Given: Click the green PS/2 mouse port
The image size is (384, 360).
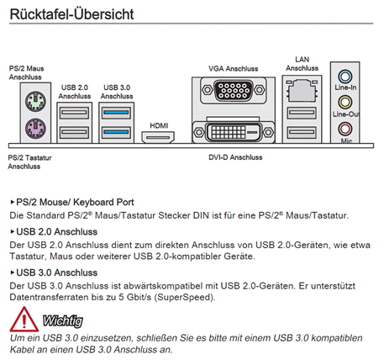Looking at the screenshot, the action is [35, 101].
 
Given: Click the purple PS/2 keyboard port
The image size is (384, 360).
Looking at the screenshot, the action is [35, 128].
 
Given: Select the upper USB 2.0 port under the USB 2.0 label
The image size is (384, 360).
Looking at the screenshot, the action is [74, 113].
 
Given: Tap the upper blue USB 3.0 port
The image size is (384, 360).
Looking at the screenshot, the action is [116, 113].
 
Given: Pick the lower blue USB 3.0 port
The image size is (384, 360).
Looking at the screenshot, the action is [116, 132].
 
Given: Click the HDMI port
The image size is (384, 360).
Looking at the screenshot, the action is [158, 137].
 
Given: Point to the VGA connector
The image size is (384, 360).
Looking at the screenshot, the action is [234, 90].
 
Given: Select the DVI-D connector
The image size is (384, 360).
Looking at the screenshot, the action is [234, 132].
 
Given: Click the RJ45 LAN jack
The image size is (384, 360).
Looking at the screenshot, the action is [302, 90].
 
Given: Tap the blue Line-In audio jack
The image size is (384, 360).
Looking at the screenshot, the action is [345, 77].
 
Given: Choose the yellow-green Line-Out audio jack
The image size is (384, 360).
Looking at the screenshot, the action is [345, 102].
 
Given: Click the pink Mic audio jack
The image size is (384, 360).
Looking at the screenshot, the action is [345, 129].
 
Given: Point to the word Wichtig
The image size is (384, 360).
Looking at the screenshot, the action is [63, 320].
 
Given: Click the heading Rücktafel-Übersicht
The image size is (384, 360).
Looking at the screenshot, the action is [71, 14].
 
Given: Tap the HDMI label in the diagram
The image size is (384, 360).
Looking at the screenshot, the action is [159, 125].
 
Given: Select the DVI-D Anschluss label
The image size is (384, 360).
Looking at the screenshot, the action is [235, 157].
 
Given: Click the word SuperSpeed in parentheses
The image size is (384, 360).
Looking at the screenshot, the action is [184, 297].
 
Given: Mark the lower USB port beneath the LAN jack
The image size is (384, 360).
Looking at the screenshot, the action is [302, 132].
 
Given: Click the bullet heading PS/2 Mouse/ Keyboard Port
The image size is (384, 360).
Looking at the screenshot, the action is [75, 202].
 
